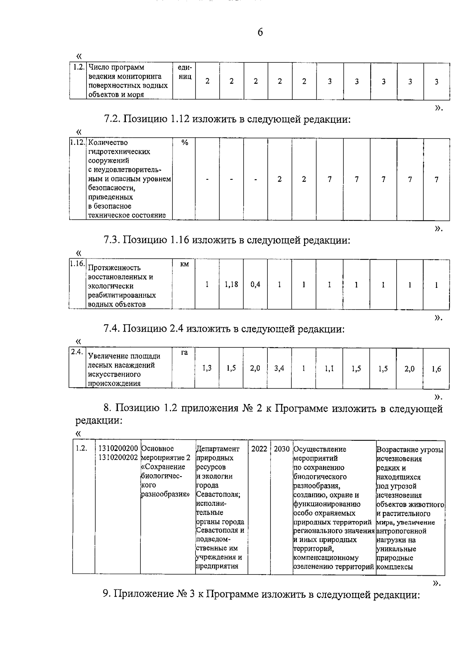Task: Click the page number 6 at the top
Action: (260, 33)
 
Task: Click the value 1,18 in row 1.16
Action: (231, 285)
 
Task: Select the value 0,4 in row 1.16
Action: (255, 285)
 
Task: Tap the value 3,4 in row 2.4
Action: (279, 369)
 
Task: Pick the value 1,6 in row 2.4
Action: (436, 369)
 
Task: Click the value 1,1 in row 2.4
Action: (329, 369)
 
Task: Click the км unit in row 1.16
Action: (184, 264)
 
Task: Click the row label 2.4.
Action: (77, 352)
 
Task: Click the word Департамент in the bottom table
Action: (217, 449)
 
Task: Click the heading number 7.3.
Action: (112, 240)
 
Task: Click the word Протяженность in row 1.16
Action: (114, 268)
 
